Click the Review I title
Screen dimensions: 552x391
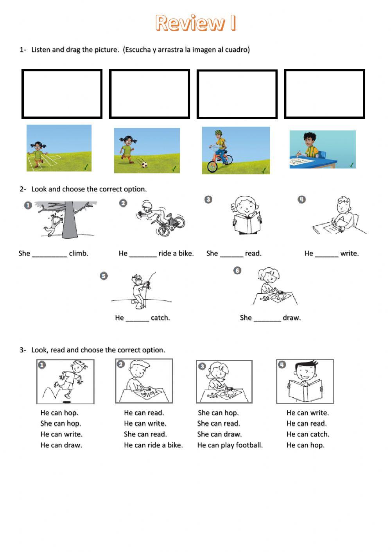tap(195, 23)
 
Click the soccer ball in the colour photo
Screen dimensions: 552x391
tap(144, 165)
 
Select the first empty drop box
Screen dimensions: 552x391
tap(62, 94)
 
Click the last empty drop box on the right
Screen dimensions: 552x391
tap(325, 94)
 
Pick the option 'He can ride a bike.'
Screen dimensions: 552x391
tap(153, 445)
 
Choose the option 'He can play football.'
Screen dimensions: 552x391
tap(230, 445)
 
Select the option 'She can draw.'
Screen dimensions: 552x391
tap(219, 434)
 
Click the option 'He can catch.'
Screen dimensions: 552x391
tap(308, 434)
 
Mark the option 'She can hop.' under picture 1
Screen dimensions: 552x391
tap(61, 423)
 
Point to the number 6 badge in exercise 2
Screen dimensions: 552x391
tap(237, 270)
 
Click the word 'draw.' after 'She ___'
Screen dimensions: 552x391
tap(292, 318)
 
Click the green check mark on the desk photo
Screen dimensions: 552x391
tap(352, 165)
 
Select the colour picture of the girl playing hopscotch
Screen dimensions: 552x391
tap(59, 148)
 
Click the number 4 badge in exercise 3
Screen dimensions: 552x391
tap(282, 364)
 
